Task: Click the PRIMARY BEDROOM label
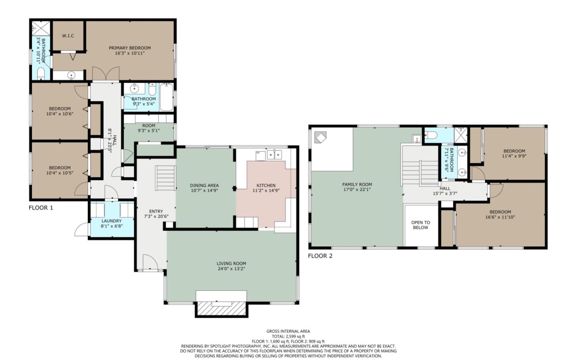coord(130,48)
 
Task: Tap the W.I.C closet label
coord(68,36)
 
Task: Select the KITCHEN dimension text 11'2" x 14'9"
coord(266,191)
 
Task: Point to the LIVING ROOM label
coord(231,263)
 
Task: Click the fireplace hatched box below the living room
coord(221,308)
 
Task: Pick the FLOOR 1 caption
coord(41,208)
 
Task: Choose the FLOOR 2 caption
coord(320,256)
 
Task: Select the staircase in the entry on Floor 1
coord(165,179)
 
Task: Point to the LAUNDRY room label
coord(111,221)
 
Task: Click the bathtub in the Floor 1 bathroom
coord(166,97)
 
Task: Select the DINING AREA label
coord(204,185)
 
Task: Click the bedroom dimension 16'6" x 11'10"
coord(500,217)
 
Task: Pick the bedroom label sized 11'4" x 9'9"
coord(514,151)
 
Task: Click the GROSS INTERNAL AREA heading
coord(288,331)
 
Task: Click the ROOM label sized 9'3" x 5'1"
coord(149,126)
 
